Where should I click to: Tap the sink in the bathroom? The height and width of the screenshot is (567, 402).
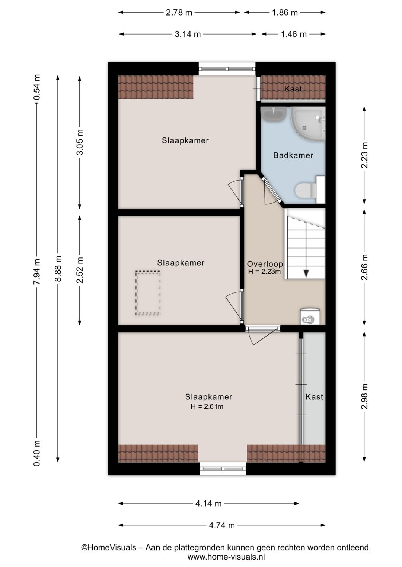pyautogui.click(x=274, y=114)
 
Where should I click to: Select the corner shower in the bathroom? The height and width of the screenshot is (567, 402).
pyautogui.click(x=308, y=123)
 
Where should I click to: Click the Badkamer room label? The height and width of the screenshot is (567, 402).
pyautogui.click(x=293, y=155)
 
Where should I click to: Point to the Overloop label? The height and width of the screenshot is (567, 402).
pyautogui.click(x=265, y=264)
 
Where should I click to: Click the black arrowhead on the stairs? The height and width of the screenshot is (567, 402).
pyautogui.click(x=306, y=274)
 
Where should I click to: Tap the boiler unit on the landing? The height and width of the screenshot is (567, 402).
pyautogui.click(x=310, y=317)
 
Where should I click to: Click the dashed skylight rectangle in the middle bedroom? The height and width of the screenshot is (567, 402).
pyautogui.click(x=148, y=293)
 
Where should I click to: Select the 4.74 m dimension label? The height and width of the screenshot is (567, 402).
pyautogui.click(x=222, y=525)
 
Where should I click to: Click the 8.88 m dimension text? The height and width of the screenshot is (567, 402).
pyautogui.click(x=58, y=269)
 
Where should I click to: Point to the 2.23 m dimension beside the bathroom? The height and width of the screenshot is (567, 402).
pyautogui.click(x=364, y=155)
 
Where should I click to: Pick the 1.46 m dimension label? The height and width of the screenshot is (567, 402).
pyautogui.click(x=294, y=34)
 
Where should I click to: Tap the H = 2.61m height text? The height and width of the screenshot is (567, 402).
pyautogui.click(x=207, y=407)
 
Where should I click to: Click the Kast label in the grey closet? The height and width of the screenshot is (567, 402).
pyautogui.click(x=314, y=397)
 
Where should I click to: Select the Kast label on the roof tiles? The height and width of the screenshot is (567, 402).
pyautogui.click(x=293, y=89)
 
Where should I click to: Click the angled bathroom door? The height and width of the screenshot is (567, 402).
pyautogui.click(x=272, y=190)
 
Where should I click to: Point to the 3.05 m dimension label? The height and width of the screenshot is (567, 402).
pyautogui.click(x=80, y=142)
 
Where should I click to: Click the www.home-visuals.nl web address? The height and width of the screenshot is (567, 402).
pyautogui.click(x=226, y=557)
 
